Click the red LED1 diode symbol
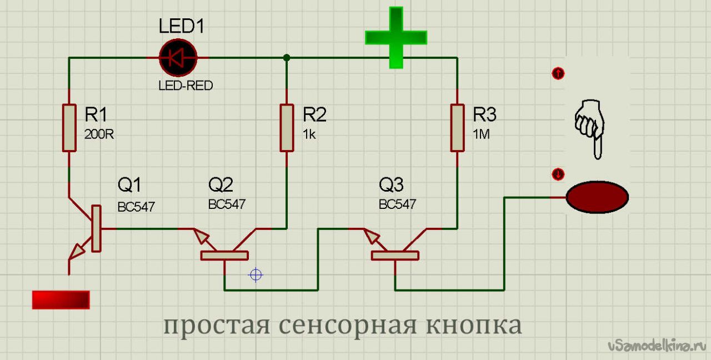[178, 58]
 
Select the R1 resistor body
[69, 128]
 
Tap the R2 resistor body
[287, 128]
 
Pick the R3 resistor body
[457, 128]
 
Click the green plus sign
[396, 37]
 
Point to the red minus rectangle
[61, 299]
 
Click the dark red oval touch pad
[597, 197]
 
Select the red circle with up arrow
[558, 73]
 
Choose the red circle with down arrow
[558, 174]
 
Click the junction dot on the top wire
[287, 58]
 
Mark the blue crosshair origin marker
[256, 274]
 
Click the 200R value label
[99, 134]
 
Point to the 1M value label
[481, 134]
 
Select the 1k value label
[309, 134]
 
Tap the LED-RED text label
[186, 86]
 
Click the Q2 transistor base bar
[224, 256]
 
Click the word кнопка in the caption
[474, 326]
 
